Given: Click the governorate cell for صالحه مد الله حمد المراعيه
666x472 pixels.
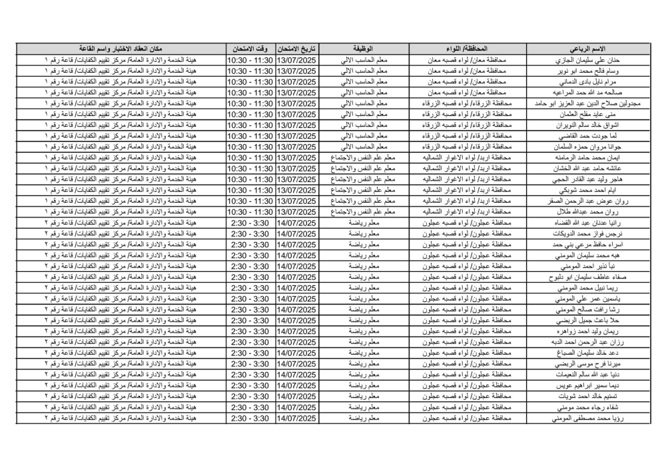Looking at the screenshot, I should [x=465, y=93].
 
